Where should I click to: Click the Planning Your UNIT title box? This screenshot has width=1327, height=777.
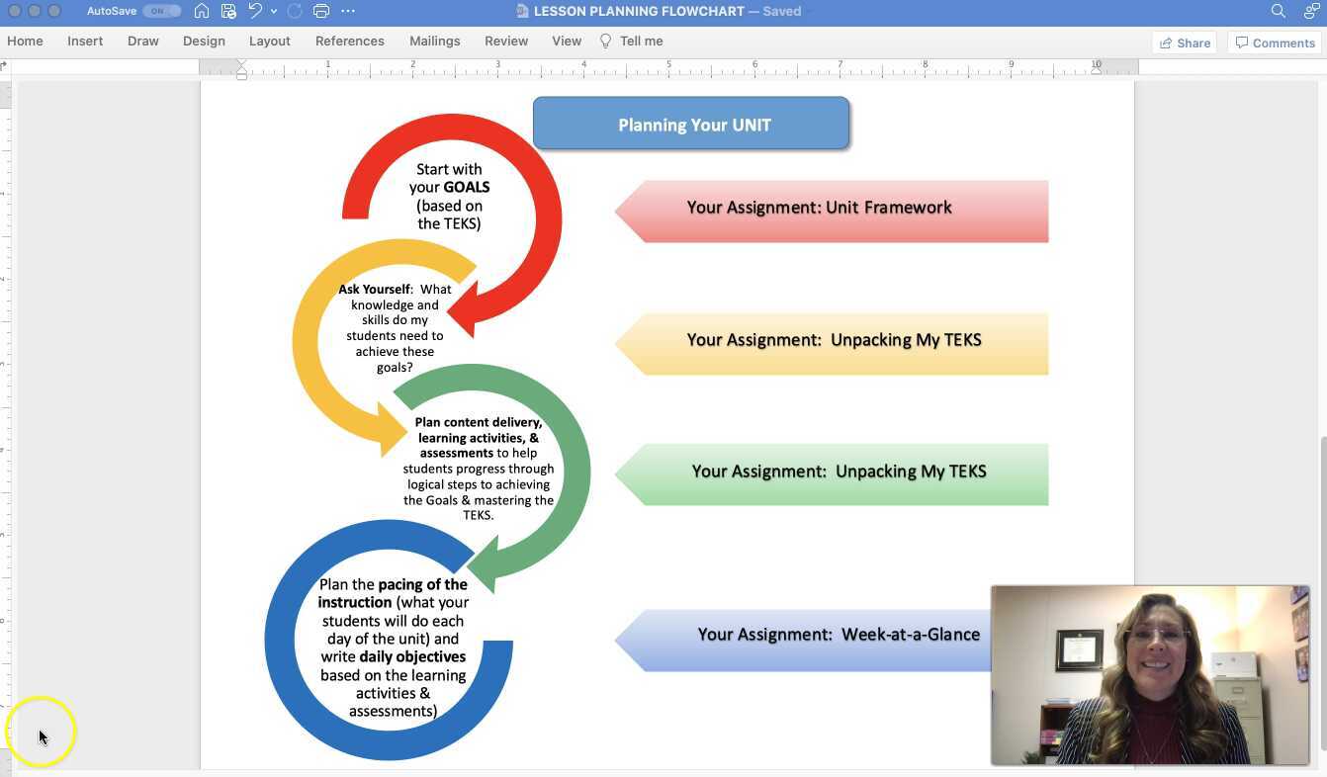[691, 125]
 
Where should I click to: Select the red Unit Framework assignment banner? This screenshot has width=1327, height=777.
[831, 211]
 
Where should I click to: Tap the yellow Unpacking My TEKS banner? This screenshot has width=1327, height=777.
[831, 343]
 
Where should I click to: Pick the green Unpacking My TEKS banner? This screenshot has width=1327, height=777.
[831, 474]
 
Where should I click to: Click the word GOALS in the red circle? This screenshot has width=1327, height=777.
[467, 187]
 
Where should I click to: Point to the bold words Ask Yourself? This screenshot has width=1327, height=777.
[375, 290]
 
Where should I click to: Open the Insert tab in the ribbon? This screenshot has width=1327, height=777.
[85, 42]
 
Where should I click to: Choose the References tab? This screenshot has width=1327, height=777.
[349, 42]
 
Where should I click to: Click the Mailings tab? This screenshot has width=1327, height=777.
[434, 42]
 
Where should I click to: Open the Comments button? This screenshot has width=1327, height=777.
[1275, 43]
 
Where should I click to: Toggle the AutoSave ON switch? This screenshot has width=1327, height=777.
[160, 11]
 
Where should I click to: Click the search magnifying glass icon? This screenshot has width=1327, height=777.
[1278, 11]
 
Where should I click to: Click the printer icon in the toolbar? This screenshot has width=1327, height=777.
[320, 11]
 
